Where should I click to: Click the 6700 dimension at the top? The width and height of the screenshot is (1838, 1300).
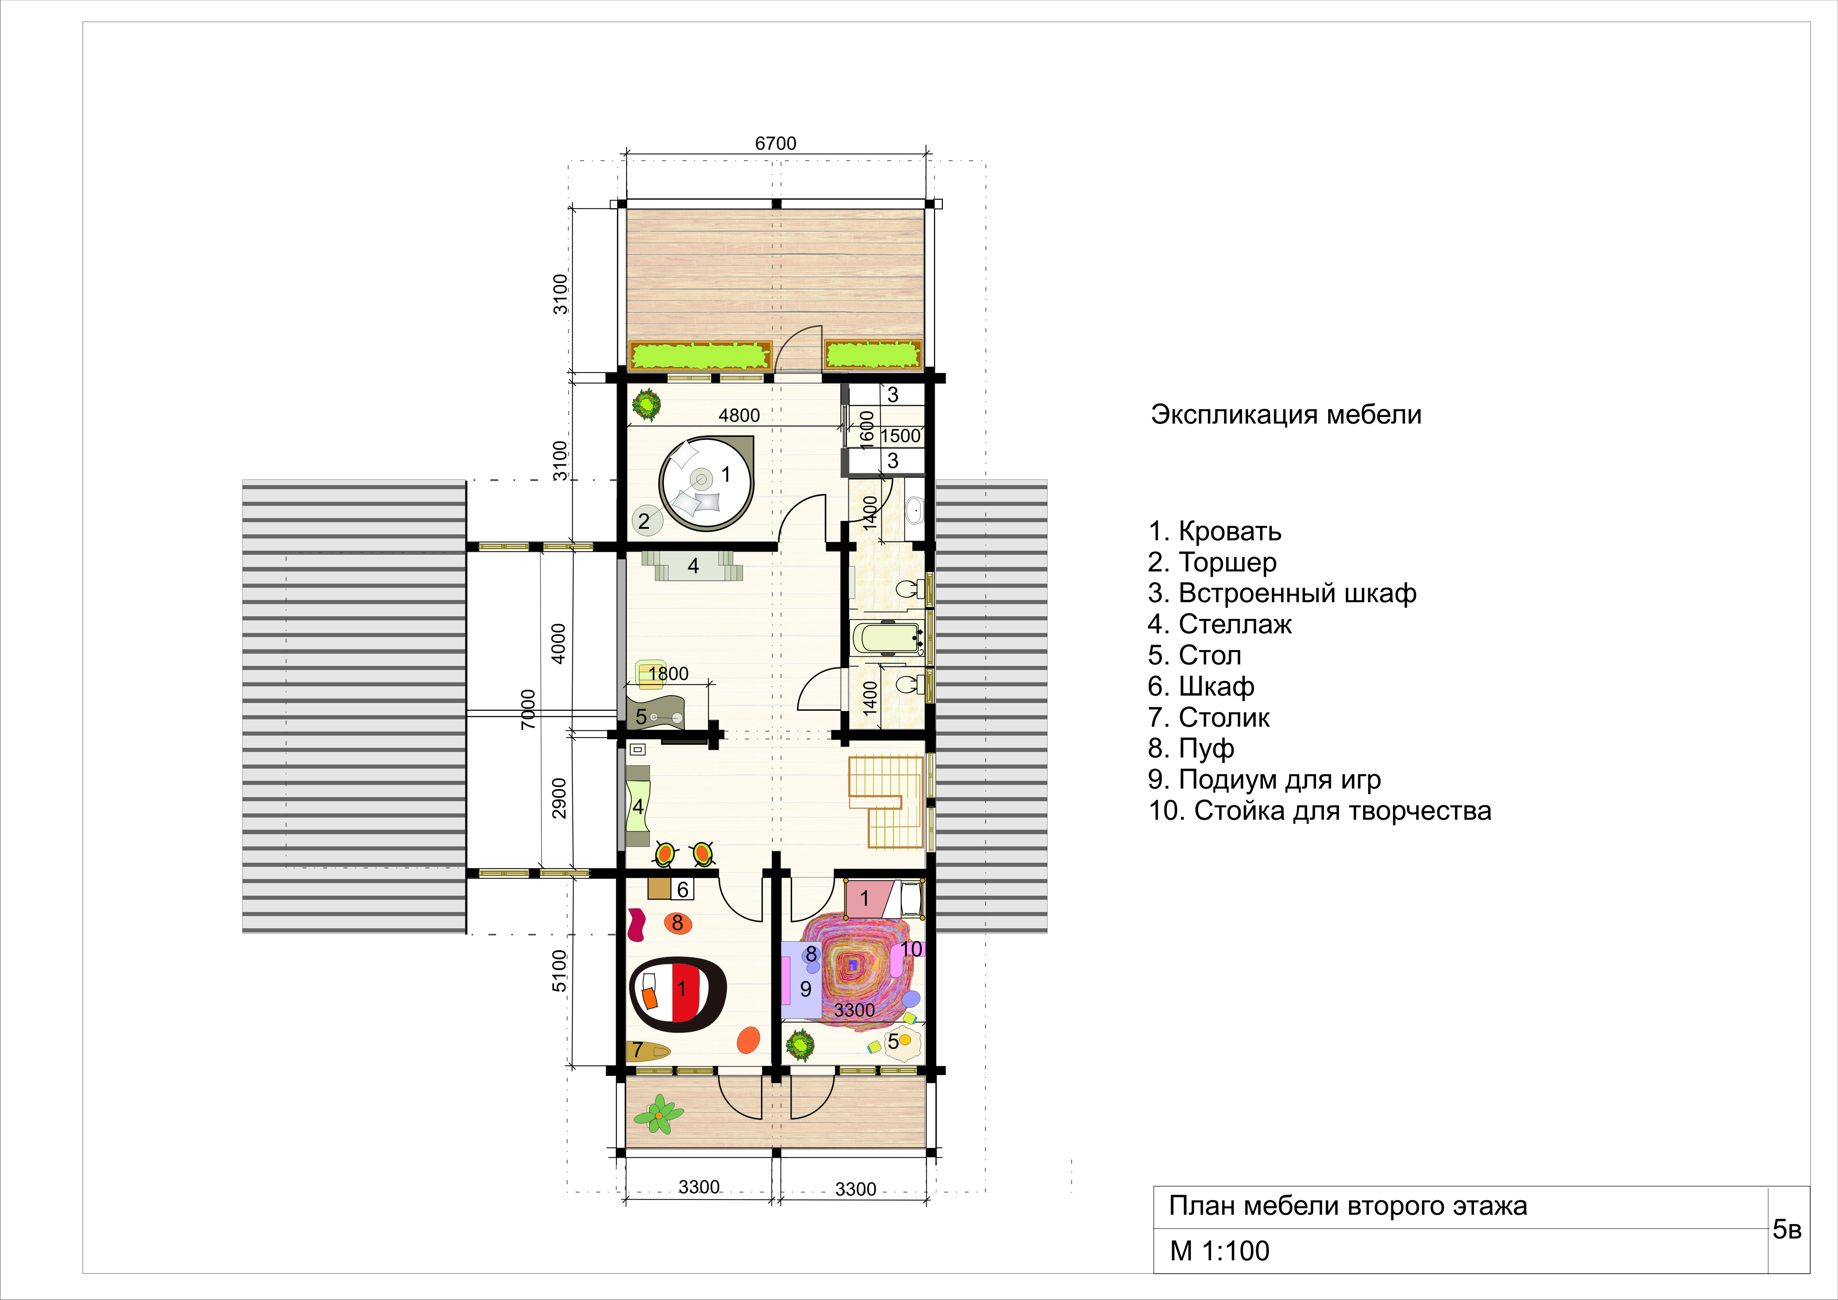click(x=776, y=143)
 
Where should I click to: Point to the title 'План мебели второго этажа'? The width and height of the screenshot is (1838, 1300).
click(x=1348, y=1206)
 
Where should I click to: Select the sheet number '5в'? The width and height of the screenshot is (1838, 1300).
click(x=1787, y=1229)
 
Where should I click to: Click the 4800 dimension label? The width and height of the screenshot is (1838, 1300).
click(x=739, y=415)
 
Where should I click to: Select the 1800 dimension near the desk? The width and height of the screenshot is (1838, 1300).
click(x=668, y=674)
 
